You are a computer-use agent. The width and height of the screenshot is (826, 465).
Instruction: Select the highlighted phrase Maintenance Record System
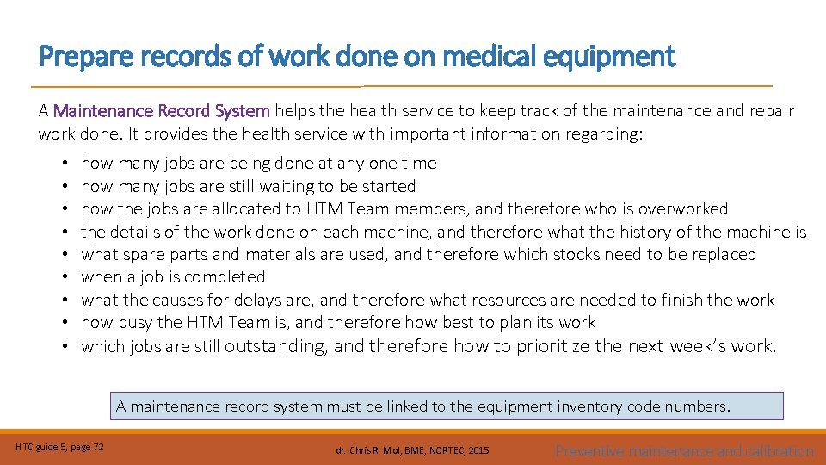click(x=162, y=111)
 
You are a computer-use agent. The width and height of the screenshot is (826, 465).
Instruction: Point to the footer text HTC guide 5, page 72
click(x=60, y=446)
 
